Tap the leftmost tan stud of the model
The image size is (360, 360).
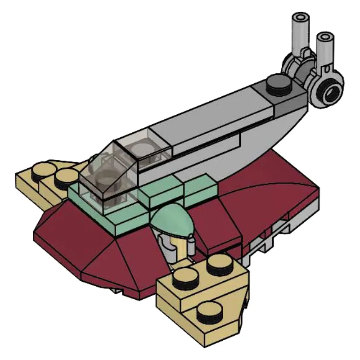[x=42, y=169]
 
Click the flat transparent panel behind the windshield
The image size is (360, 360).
[x=144, y=148]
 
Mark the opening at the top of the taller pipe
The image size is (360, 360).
[x=301, y=18]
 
